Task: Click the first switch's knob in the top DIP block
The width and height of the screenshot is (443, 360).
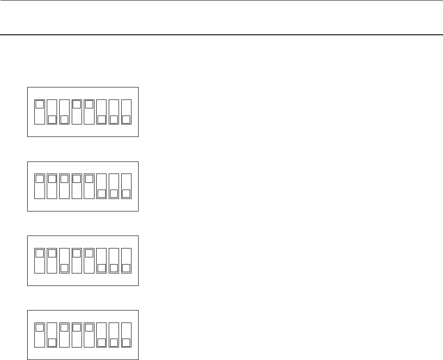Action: [40, 104]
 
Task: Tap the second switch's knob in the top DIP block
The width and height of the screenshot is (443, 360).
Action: [52, 119]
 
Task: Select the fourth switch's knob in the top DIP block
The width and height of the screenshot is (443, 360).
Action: [77, 104]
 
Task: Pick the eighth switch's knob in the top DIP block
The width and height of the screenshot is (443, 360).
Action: [126, 119]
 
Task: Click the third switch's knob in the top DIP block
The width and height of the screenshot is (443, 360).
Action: [64, 119]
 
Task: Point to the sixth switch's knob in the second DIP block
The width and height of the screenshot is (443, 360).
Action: [102, 194]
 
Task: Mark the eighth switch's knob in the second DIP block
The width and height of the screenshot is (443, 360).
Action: [126, 194]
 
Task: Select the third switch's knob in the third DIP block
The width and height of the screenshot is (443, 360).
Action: [64, 268]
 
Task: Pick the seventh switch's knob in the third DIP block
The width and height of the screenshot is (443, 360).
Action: [114, 268]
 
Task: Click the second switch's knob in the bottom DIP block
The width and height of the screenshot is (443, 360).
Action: [52, 342]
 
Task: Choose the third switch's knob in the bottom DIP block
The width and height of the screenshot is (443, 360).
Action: [64, 327]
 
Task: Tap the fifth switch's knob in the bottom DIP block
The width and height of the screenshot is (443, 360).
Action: [89, 327]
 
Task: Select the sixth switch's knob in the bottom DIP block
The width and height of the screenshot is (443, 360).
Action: [102, 342]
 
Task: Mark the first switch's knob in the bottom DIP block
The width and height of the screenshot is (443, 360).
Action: [40, 327]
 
